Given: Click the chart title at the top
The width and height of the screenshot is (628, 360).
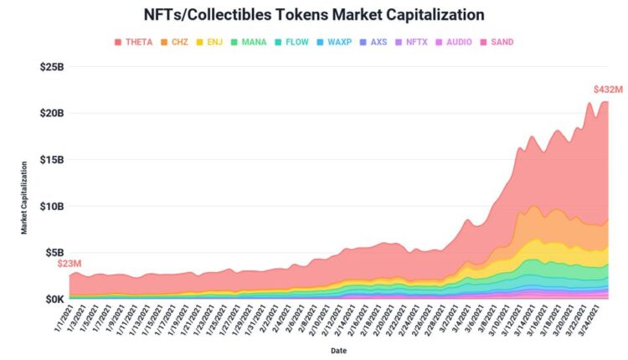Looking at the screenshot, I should [315, 15].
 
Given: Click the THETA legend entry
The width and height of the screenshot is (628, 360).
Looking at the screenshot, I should [133, 42].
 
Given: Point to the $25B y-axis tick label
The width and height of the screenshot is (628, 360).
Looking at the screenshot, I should [53, 67].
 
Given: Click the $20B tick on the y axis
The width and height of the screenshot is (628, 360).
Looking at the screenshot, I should [53, 113].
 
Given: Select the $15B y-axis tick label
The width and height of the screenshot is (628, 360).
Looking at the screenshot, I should [53, 160].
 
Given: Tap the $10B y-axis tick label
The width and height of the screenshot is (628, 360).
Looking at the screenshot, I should [53, 206].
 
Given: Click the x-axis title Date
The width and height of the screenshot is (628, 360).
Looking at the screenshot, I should [339, 350].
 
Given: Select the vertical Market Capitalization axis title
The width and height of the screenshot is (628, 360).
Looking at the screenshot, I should [25, 197].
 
